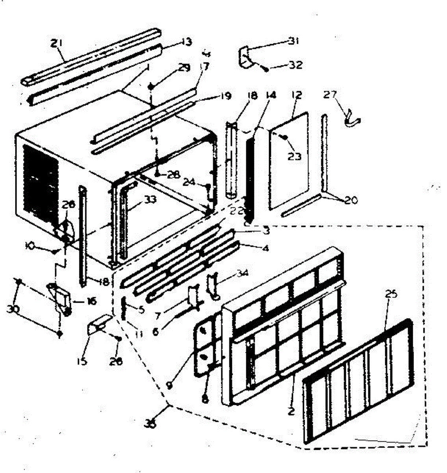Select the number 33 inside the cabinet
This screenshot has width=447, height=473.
tap(150, 200)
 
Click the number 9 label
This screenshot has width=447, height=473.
tap(169, 386)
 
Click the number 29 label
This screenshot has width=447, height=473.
tap(184, 68)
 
